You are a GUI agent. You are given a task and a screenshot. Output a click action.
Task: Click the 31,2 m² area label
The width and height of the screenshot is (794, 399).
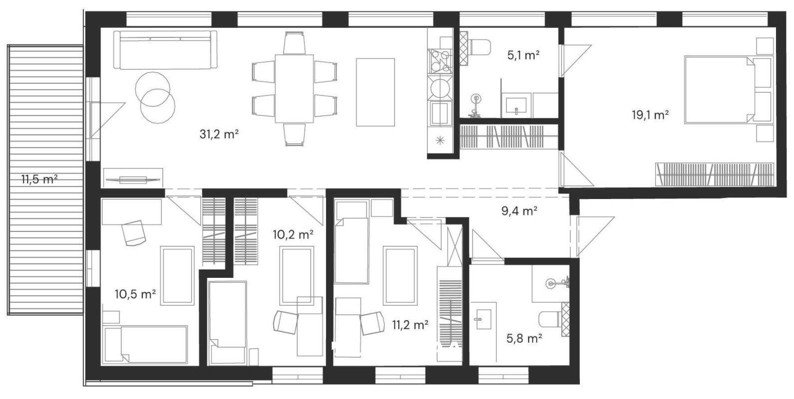coord(219,134)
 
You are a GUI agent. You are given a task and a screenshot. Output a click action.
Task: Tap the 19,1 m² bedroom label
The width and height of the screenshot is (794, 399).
coord(651,115)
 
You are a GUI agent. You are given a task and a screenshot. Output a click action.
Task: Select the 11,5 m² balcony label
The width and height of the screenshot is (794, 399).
coord(39,179)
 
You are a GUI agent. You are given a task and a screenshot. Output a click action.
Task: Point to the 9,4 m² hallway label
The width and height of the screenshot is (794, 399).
coord(519,211)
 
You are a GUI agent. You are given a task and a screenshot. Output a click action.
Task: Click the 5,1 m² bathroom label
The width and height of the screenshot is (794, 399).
coord(523,55)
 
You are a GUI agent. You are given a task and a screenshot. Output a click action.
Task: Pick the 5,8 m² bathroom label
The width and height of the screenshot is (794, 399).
coord(524,339)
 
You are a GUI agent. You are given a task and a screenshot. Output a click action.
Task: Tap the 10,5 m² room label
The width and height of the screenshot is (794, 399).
coord(135,294)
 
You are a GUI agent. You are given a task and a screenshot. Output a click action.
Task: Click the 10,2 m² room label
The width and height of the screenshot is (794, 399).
coord(293,234)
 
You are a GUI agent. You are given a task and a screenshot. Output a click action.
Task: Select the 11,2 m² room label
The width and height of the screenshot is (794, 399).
coord(410,324)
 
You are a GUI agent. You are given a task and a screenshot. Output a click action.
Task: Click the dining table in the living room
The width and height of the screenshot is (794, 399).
coord(294,88)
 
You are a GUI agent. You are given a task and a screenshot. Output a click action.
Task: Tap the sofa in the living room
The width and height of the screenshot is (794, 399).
coord(165,49)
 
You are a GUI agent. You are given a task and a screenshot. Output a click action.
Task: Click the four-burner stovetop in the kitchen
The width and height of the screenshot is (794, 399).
coord(439,61)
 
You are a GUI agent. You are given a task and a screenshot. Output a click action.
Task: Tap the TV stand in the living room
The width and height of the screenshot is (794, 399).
coord(133,178)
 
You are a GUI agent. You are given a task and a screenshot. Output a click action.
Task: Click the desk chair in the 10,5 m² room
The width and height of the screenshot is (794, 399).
coord(133,232)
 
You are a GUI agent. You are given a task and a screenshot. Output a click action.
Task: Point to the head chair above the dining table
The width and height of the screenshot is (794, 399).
coord(294,43)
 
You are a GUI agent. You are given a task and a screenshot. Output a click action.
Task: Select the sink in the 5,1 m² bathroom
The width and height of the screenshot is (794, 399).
coord(516,105)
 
